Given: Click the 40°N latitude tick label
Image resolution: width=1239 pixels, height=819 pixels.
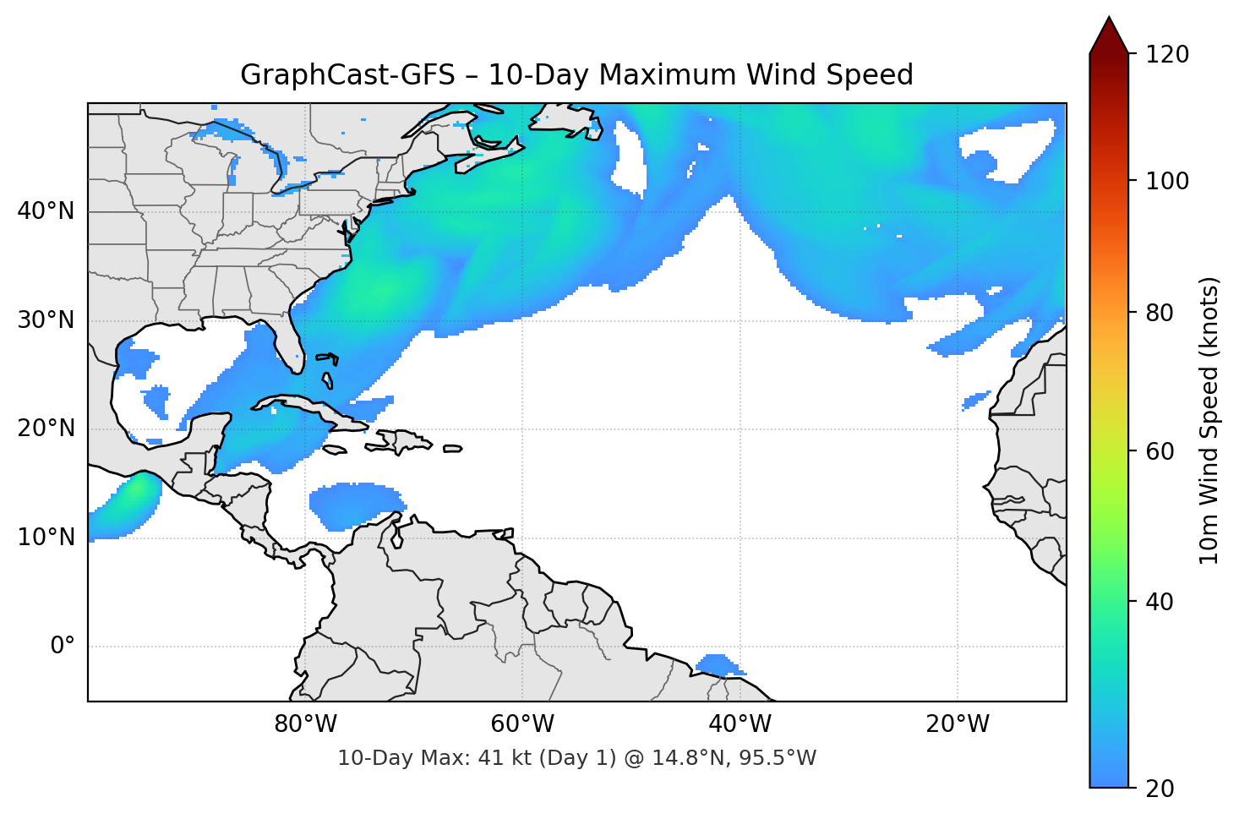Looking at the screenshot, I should click(46, 211).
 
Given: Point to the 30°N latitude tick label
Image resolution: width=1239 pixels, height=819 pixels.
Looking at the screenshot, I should click(46, 320).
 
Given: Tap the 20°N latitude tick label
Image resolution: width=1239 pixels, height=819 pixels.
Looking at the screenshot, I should click(46, 429).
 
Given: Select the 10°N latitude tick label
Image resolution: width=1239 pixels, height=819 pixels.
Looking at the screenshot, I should click(46, 538).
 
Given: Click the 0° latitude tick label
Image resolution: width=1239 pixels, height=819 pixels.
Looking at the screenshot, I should click(63, 647).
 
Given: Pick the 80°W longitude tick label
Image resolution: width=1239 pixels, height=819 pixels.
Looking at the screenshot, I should click(305, 724).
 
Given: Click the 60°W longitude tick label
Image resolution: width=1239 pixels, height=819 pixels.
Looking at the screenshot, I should click(522, 724).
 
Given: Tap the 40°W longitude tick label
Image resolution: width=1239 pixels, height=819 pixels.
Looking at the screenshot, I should click(740, 724).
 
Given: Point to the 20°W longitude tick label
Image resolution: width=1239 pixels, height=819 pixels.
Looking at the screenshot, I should click(957, 724).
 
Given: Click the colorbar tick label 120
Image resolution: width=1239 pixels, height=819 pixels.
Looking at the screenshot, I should click(1167, 55).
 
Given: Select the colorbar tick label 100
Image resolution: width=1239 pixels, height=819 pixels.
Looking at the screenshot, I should click(1167, 181).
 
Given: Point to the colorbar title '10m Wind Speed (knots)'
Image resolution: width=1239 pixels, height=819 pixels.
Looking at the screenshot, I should click(1209, 420).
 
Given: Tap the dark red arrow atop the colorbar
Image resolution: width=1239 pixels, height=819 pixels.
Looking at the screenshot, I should click(1109, 36).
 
